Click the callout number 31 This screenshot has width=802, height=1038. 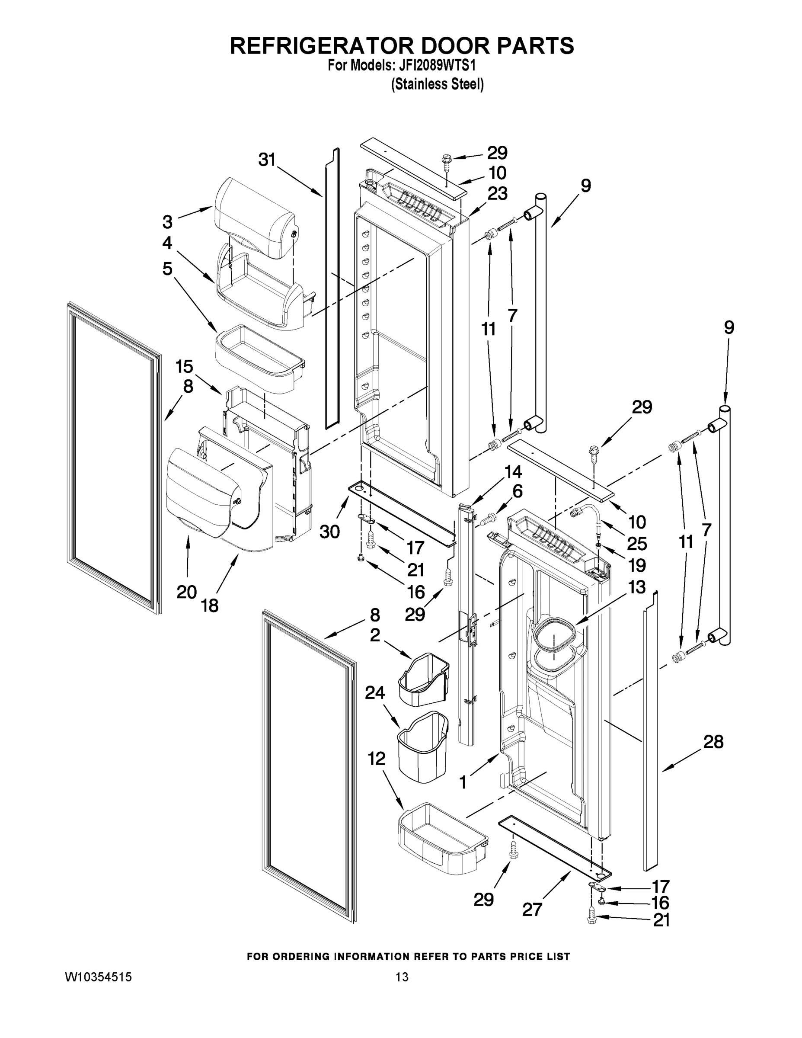pos(267,160)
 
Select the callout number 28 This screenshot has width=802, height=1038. pos(713,741)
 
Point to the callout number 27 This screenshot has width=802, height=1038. pos(532,909)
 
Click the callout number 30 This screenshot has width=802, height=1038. pos(329,532)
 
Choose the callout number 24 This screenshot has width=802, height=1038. pos(375,693)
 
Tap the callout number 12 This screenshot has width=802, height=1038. pos(376,759)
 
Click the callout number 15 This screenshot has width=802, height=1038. pos(184,366)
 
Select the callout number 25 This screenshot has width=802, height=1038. pos(637,543)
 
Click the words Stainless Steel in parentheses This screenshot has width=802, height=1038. pos(437,85)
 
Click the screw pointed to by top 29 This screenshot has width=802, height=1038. pos(447,159)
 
